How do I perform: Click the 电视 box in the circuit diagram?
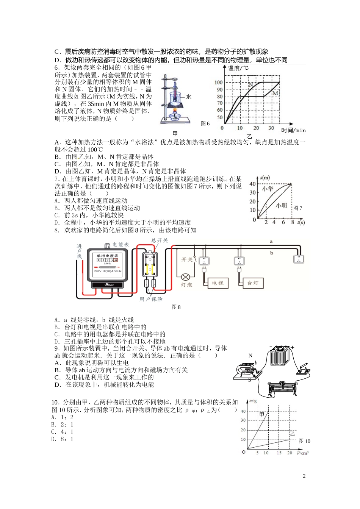click(218, 283)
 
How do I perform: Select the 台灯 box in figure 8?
click(252, 283)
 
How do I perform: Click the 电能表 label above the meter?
click(121, 245)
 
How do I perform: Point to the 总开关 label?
click(159, 240)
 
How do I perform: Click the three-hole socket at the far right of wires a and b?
click(299, 259)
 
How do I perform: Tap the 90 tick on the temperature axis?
click(220, 89)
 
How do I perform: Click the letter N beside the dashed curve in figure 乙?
click(250, 84)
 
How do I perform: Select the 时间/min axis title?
click(293, 130)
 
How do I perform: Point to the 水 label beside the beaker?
click(188, 97)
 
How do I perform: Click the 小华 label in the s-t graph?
click(268, 188)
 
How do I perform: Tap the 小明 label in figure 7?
click(281, 206)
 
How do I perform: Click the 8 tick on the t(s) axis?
click(293, 222)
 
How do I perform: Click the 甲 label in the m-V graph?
click(261, 414)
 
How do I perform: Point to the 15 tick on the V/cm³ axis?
click(279, 453)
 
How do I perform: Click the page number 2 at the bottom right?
click(304, 476)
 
